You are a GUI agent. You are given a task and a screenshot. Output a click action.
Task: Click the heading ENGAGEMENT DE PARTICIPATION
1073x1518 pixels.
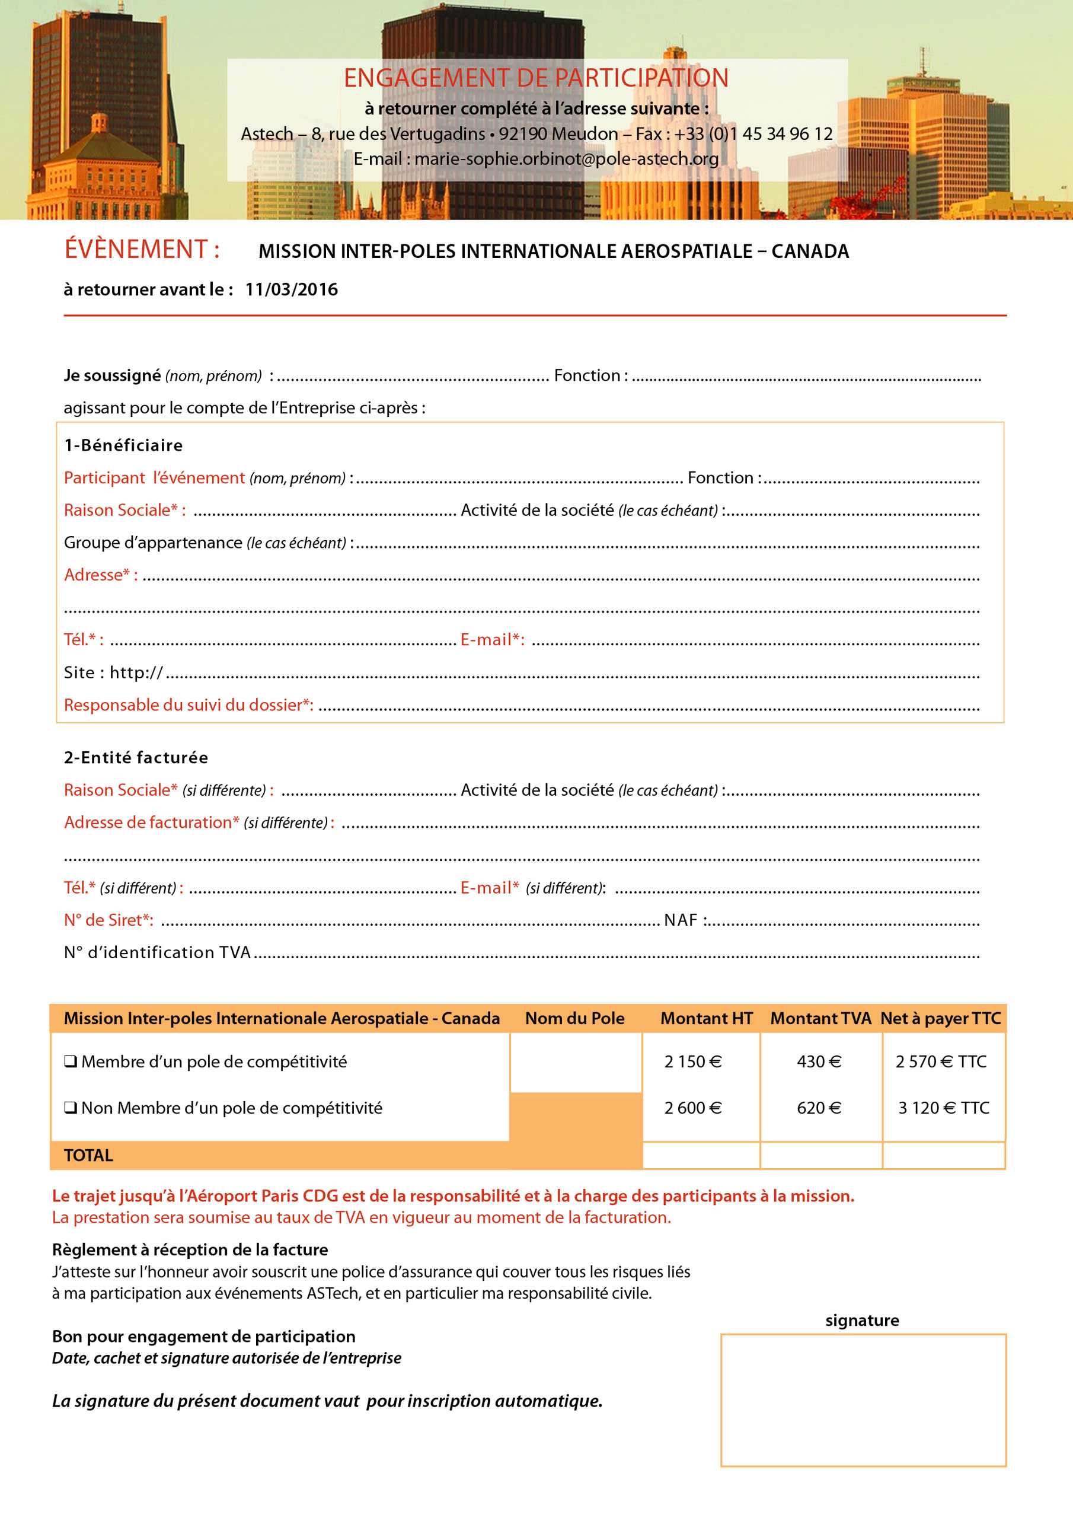[535, 78]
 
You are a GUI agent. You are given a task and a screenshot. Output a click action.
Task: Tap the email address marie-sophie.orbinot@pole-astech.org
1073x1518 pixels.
[566, 159]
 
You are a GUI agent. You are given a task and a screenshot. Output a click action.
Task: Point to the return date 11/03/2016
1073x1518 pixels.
[291, 289]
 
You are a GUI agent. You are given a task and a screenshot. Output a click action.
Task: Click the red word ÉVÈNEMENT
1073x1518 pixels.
[136, 249]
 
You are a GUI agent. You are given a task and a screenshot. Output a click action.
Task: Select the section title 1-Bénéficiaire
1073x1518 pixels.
[123, 445]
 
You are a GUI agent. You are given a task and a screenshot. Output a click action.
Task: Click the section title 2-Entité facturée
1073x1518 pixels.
[136, 757]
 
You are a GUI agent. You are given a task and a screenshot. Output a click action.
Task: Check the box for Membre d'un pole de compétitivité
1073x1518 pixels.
[70, 1062]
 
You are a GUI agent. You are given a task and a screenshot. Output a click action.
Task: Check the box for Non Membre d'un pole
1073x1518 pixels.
[70, 1108]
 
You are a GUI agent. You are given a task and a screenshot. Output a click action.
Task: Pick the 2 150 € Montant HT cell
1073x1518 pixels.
[692, 1062]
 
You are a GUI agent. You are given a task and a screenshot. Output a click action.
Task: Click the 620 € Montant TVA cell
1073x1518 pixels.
[819, 1108]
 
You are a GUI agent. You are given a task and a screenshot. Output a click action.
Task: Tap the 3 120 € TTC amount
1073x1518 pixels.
[943, 1108]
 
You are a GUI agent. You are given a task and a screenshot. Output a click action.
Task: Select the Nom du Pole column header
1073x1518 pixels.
[574, 1018]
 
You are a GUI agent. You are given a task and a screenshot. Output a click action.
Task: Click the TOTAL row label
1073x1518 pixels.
[88, 1155]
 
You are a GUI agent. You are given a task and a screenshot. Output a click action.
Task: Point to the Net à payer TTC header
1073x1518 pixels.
[940, 1018]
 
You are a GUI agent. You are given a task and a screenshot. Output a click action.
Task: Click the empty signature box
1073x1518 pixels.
[863, 1399]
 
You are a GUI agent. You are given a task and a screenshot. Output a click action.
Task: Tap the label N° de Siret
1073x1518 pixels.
[108, 920]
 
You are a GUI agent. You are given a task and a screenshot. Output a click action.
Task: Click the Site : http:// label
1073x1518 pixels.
[113, 672]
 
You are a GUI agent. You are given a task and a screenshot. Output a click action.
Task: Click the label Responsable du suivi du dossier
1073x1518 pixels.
[188, 705]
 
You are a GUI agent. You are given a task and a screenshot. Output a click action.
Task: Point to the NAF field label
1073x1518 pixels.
[681, 920]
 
